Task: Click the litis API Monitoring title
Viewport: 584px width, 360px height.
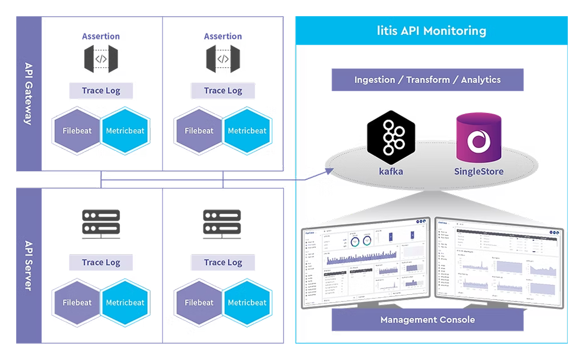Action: (431, 31)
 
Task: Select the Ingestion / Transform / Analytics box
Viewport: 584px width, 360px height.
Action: (427, 79)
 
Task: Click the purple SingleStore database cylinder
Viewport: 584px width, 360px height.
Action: (479, 138)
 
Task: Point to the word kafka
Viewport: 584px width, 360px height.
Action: (391, 171)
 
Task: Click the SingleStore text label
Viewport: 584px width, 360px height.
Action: (479, 171)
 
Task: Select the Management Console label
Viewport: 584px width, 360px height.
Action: (427, 319)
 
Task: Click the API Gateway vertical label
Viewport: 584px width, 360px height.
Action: (28, 93)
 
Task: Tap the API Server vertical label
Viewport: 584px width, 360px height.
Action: (28, 266)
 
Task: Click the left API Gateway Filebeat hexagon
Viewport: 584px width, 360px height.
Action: (77, 131)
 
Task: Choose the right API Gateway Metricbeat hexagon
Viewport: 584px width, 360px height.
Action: (247, 131)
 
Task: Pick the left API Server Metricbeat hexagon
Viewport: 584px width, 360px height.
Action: (125, 302)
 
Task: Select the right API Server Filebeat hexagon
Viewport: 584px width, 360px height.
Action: (199, 302)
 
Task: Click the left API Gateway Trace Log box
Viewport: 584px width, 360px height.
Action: (101, 90)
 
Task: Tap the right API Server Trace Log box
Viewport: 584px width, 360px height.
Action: (223, 262)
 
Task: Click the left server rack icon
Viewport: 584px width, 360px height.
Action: (101, 223)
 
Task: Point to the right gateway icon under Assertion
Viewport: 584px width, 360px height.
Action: (223, 59)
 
